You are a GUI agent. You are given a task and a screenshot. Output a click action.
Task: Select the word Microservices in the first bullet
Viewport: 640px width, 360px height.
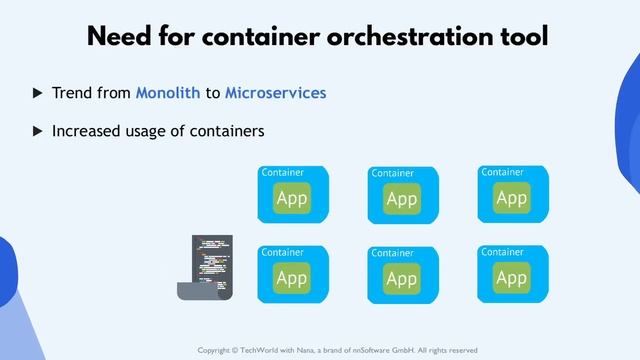click(276, 93)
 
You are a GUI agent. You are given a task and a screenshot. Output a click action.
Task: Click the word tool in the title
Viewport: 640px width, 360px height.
click(520, 38)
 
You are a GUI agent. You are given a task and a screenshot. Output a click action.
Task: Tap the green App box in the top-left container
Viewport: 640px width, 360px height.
click(291, 199)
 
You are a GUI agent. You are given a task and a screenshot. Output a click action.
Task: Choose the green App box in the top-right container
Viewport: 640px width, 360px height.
click(511, 199)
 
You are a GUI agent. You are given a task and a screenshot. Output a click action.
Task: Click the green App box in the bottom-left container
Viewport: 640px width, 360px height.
click(291, 278)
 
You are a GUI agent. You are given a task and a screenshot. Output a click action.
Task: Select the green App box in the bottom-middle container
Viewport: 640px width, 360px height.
click(401, 279)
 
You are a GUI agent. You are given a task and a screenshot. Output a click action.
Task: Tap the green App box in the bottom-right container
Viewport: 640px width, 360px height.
click(511, 278)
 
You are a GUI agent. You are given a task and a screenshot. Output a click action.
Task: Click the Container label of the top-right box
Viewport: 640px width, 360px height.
click(503, 172)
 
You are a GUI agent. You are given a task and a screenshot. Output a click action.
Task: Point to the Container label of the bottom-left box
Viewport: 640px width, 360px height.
click(282, 252)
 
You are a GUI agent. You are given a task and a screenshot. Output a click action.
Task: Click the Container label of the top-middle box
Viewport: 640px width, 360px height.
click(392, 173)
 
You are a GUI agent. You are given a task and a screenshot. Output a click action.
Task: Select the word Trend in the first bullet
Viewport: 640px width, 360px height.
click(72, 93)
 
